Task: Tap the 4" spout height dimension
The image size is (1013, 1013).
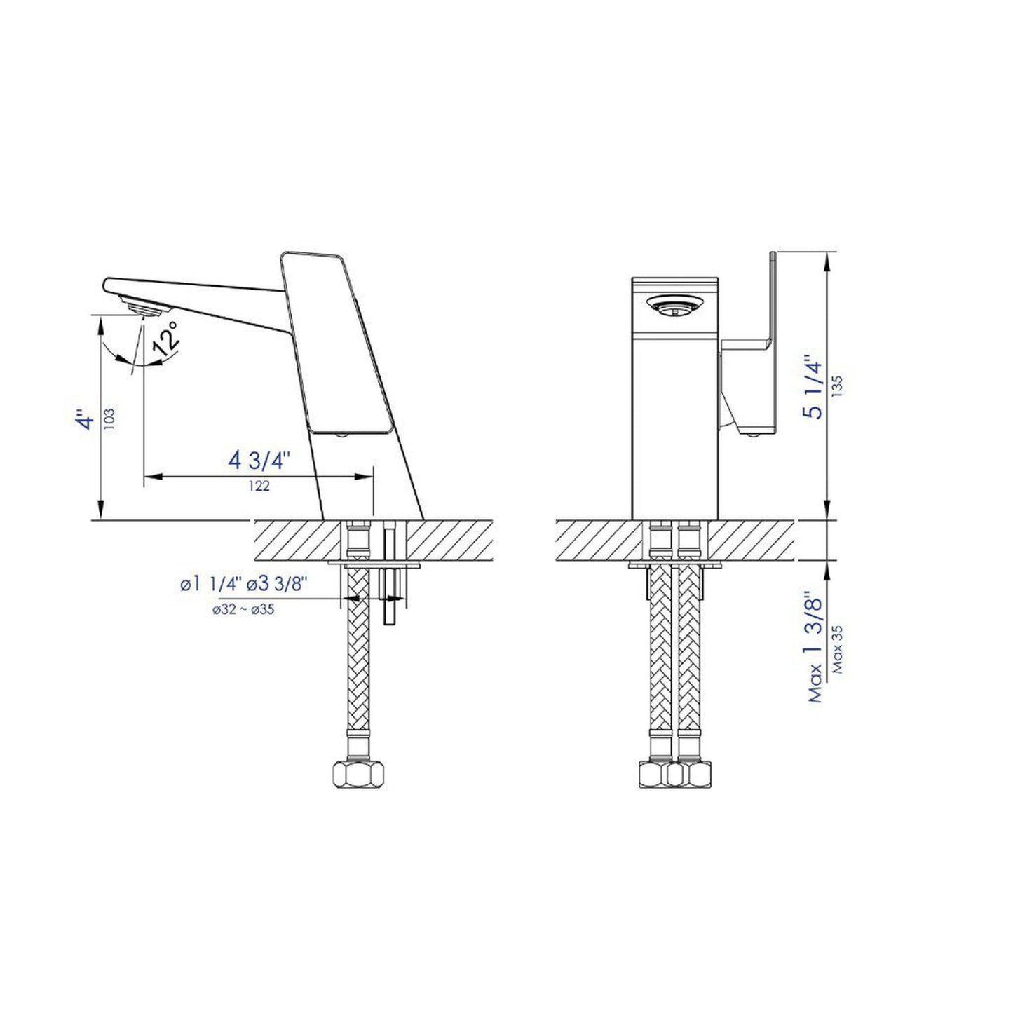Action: pyautogui.click(x=86, y=421)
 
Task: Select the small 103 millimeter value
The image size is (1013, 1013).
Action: pyautogui.click(x=108, y=420)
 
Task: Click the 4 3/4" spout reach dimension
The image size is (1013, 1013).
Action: pyautogui.click(x=259, y=461)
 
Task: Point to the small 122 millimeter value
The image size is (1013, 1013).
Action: pyautogui.click(x=259, y=486)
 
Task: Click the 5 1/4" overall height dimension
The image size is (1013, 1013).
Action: pyautogui.click(x=814, y=388)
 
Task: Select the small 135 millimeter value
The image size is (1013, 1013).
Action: pyautogui.click(x=837, y=387)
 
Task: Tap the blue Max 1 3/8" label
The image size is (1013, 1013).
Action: pyautogui.click(x=815, y=645)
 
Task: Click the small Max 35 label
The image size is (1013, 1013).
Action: pyautogui.click(x=838, y=649)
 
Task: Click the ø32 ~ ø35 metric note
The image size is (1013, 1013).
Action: pyautogui.click(x=243, y=610)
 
